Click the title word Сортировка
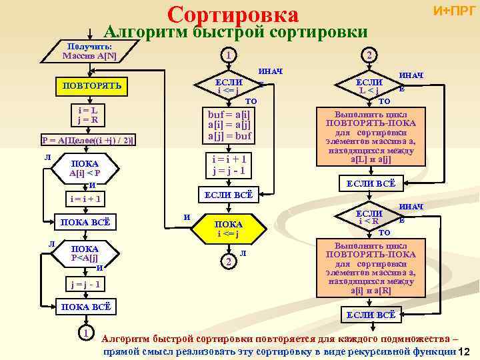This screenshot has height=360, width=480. click(x=233, y=14)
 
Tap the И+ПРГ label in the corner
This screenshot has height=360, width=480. click(x=454, y=11)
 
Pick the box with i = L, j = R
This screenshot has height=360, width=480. click(x=88, y=115)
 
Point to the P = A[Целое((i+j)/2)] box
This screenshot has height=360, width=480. click(x=87, y=140)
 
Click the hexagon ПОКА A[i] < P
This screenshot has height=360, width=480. click(x=84, y=169)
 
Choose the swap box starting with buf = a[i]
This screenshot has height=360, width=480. click(x=229, y=125)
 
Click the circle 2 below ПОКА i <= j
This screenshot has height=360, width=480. click(x=228, y=263)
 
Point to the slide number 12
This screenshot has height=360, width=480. click(x=466, y=352)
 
